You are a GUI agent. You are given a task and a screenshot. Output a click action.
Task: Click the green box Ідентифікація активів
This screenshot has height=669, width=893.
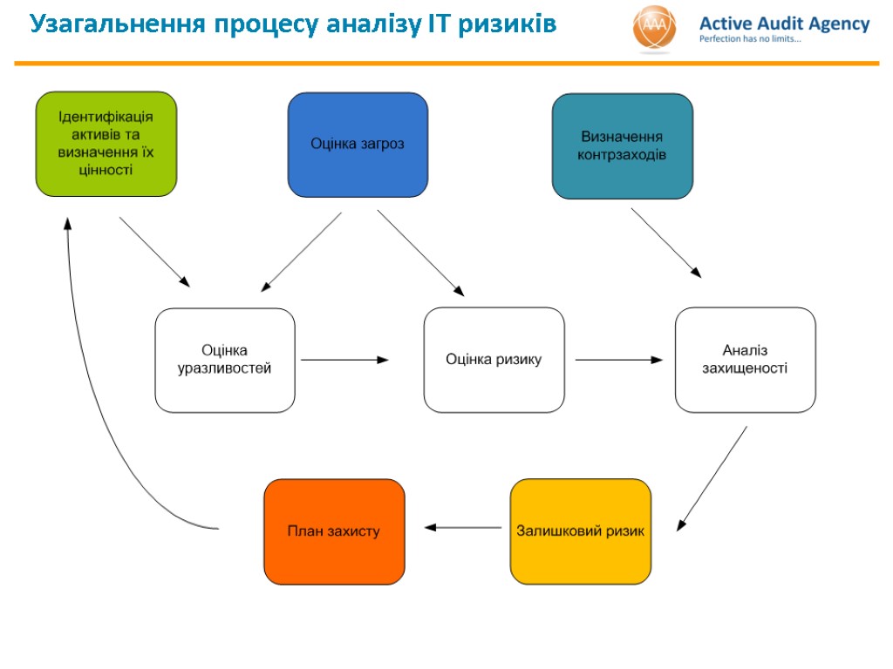point(106,144)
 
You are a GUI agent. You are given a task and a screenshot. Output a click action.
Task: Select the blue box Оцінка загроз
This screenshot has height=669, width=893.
point(358,145)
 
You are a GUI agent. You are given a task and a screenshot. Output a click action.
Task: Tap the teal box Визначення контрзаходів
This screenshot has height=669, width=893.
point(623,146)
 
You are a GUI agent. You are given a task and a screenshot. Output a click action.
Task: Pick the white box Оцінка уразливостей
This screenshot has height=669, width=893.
point(225,360)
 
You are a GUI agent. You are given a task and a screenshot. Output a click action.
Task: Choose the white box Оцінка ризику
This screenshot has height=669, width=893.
point(494,360)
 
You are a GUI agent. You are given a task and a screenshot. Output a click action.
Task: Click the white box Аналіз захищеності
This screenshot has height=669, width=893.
point(745,359)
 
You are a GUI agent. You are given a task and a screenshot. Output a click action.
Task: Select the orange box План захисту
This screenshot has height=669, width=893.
point(334,531)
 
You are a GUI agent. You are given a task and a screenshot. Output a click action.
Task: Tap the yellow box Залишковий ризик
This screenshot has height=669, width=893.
point(581,531)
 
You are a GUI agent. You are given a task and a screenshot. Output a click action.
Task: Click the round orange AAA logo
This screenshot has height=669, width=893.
point(654,28)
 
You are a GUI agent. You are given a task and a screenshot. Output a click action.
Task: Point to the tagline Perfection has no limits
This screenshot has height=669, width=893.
point(750,40)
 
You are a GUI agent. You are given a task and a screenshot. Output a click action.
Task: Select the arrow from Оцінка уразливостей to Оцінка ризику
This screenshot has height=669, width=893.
point(344,359)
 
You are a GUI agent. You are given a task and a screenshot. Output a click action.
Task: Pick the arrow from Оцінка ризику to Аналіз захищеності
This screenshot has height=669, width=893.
point(618,359)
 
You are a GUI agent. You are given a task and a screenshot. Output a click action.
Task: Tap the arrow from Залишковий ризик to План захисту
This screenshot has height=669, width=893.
point(463,527)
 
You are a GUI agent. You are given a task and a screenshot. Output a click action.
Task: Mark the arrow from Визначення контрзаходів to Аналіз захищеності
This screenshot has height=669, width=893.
point(665,242)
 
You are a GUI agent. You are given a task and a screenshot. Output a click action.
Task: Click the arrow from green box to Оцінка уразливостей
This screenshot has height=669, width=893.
point(154,251)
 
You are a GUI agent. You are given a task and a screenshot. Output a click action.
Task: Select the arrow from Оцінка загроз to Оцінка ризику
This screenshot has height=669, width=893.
point(420,253)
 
